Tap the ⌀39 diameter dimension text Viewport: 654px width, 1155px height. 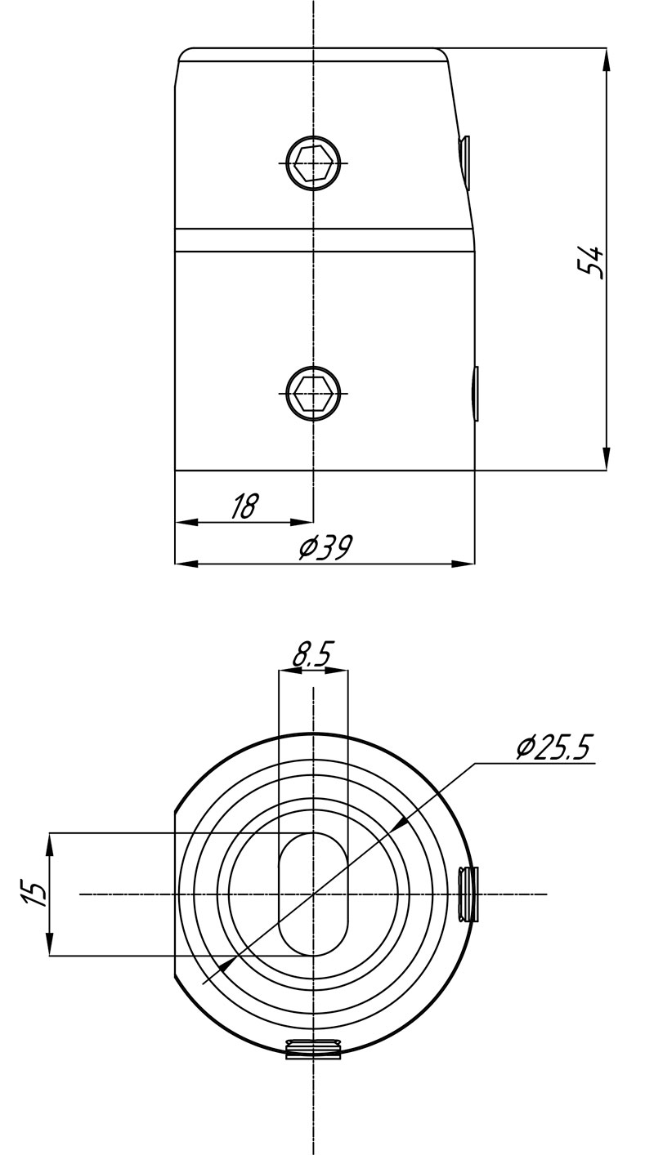pos(325,547)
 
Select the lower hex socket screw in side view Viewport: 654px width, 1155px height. pos(313,394)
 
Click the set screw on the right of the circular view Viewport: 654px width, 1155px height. pos(468,894)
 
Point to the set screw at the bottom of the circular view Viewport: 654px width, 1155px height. pos(313,1048)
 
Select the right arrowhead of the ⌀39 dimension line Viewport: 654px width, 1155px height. pos(463,564)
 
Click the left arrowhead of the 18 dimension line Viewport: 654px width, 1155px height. pos(187,522)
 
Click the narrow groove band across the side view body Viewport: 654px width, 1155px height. pos(325,240)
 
